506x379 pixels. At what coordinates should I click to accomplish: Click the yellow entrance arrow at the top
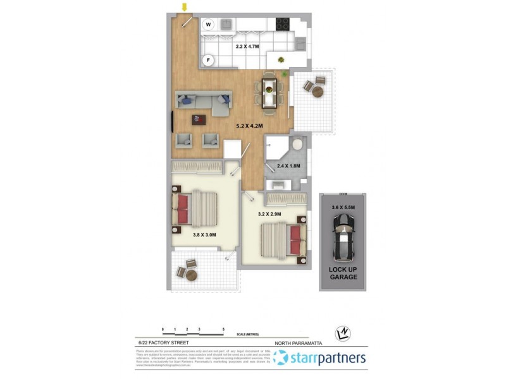pyautogui.click(x=185, y=7)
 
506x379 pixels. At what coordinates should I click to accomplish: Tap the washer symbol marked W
pyautogui.click(x=208, y=25)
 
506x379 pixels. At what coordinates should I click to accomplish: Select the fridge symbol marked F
pyautogui.click(x=208, y=60)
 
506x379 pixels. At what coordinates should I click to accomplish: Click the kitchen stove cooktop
pyautogui.click(x=282, y=24)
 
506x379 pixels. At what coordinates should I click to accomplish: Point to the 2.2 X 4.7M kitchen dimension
pyautogui.click(x=248, y=46)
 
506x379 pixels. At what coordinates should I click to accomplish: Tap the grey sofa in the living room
pyautogui.click(x=204, y=102)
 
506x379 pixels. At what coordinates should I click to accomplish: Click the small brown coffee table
pyautogui.click(x=201, y=119)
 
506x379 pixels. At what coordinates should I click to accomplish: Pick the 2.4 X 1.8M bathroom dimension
pyautogui.click(x=288, y=166)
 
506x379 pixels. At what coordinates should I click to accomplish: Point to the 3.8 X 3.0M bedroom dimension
pyautogui.click(x=204, y=234)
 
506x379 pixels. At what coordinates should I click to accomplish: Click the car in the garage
pyautogui.click(x=343, y=237)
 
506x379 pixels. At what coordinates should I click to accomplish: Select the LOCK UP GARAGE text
pyautogui.click(x=343, y=273)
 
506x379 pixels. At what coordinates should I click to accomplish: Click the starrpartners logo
pyautogui.click(x=319, y=358)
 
